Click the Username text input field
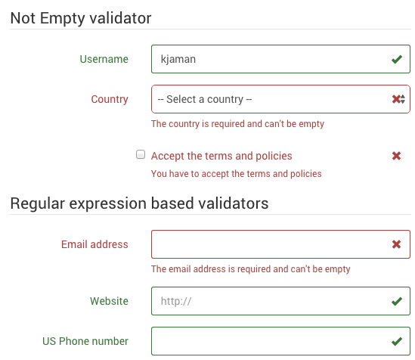(280, 59)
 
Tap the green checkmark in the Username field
(396, 59)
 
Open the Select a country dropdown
(280, 99)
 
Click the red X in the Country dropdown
(396, 99)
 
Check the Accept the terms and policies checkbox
(141, 154)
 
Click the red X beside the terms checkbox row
(396, 156)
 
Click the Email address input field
(280, 244)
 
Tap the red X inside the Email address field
(396, 244)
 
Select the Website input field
(280, 301)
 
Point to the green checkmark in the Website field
(396, 301)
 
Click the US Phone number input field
(280, 341)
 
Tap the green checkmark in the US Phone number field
(396, 342)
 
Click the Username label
(104, 59)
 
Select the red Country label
(110, 100)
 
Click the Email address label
(94, 244)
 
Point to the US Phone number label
(85, 341)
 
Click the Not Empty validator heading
(81, 18)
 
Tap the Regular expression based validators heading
(140, 203)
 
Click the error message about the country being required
(237, 124)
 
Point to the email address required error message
(251, 269)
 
